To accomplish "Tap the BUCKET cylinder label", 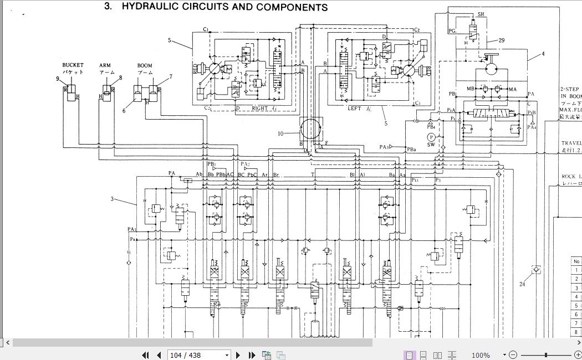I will pyautogui.click(x=73, y=65).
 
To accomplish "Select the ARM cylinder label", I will pyautogui.click(x=105, y=65).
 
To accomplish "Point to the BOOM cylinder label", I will pyautogui.click(x=145, y=65).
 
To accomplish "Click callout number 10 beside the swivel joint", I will pyautogui.click(x=281, y=133).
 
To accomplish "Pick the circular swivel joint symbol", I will pyautogui.click(x=309, y=130).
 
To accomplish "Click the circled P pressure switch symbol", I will pyautogui.click(x=431, y=137).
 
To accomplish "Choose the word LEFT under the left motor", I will pyautogui.click(x=355, y=109).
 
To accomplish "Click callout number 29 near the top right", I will pyautogui.click(x=501, y=40).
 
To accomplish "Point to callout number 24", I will pyautogui.click(x=522, y=285).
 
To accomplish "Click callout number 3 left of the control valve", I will pyautogui.click(x=113, y=199).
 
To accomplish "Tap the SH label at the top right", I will pyautogui.click(x=481, y=13).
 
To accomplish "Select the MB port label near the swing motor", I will pyautogui.click(x=471, y=89).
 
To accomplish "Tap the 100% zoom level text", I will pyautogui.click(x=481, y=355).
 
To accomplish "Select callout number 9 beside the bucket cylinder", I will pyautogui.click(x=57, y=79).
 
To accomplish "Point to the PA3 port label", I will pyautogui.click(x=384, y=147).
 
